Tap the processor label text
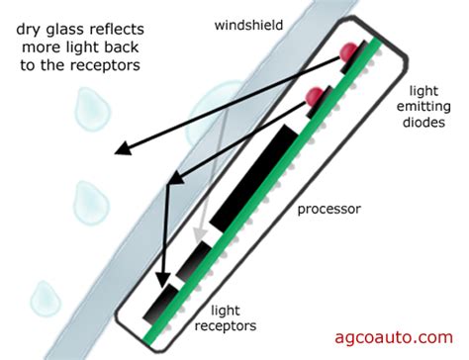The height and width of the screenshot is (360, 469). click(329, 211)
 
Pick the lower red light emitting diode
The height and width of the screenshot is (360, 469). click(315, 96)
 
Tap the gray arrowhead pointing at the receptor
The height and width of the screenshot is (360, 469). click(200, 236)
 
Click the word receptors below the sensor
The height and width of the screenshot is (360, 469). click(238, 324)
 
